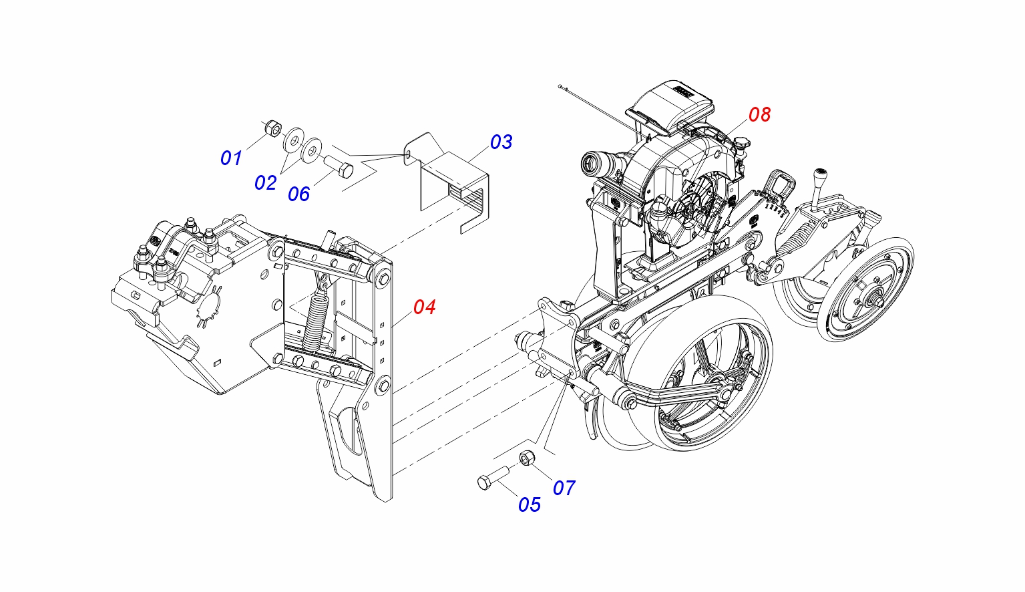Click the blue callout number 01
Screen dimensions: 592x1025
point(230,158)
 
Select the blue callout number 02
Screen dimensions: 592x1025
point(265,182)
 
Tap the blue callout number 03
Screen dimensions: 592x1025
point(501,142)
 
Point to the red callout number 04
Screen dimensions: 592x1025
point(424,307)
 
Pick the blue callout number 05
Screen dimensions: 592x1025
point(529,504)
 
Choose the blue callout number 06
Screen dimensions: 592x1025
point(298,194)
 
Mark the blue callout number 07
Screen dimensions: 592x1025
point(564,488)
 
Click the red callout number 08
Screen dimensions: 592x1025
point(759,114)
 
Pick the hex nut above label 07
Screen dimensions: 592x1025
point(527,458)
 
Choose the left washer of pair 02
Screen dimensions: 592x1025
point(292,141)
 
